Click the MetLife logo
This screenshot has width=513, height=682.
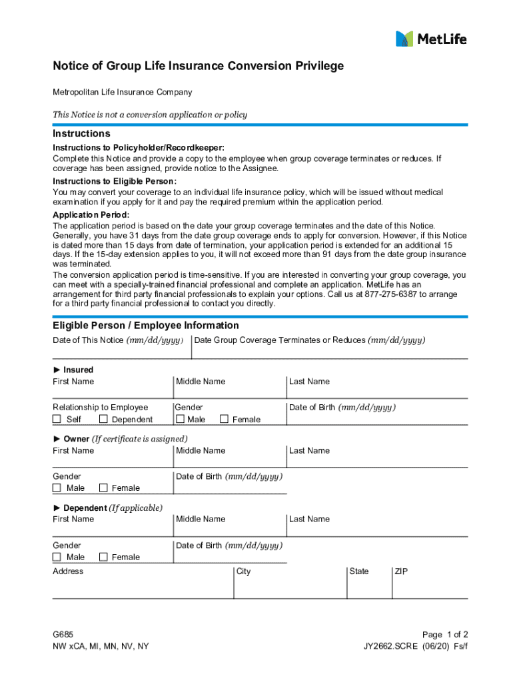point(431,39)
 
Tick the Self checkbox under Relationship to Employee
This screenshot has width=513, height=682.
point(57,419)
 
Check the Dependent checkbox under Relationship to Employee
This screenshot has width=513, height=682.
point(103,419)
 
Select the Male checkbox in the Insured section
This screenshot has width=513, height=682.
point(180,419)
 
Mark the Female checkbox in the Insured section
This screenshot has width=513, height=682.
point(224,419)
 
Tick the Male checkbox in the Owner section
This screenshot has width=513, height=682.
point(57,488)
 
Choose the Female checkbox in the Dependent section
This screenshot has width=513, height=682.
point(103,557)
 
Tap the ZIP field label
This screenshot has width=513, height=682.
point(402,571)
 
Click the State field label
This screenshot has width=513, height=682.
point(358,571)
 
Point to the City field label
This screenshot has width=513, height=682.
point(244,571)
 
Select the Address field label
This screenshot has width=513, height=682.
point(68,571)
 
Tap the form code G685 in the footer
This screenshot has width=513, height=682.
point(64,635)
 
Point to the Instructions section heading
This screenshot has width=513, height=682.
point(81,134)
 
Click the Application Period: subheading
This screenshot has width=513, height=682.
point(91,215)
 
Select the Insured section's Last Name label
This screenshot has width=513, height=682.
point(309,382)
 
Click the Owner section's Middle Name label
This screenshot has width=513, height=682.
point(201,451)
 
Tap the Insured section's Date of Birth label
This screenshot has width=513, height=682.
point(342,408)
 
